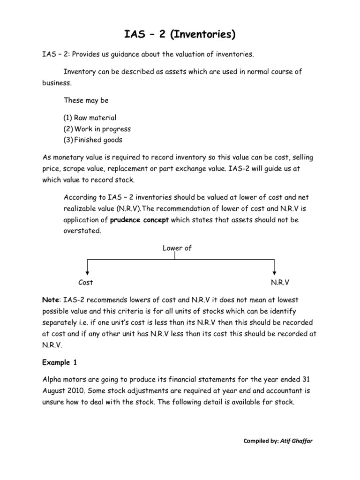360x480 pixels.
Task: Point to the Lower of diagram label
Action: tap(177, 248)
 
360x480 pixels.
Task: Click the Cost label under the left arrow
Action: tap(86, 282)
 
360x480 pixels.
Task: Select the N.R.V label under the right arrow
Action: tap(274, 282)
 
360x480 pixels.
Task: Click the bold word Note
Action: tap(51, 300)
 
